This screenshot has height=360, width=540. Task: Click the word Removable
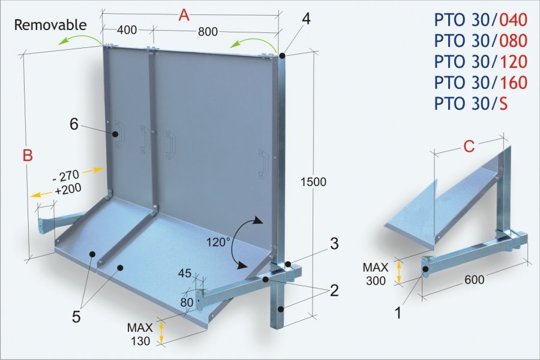50,25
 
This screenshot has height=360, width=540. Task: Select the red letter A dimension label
184,16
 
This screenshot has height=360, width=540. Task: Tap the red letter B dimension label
28,155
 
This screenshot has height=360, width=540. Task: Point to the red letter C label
469,146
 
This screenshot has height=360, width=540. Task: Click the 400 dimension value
127,31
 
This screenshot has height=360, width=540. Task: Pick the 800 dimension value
208,32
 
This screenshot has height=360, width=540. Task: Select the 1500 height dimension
313,182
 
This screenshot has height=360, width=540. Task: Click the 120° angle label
218,242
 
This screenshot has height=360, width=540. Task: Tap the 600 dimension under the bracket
474,280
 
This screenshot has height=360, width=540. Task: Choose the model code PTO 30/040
481,20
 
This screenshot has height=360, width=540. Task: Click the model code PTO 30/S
471,103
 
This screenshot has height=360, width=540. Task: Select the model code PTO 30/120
481,62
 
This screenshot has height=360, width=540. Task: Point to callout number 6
74,124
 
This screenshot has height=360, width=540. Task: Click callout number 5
76,317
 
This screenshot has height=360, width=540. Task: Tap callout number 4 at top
306,19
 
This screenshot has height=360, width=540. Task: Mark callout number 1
398,313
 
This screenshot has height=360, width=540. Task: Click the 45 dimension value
185,273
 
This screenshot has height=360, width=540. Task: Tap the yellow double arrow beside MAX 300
399,272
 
